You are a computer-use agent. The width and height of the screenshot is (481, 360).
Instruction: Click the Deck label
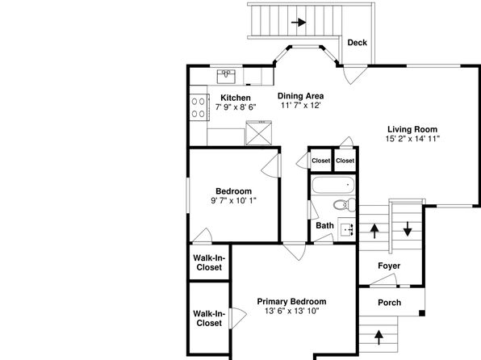coord(357,43)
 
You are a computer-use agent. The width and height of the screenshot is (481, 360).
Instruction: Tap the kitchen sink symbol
coord(226,77)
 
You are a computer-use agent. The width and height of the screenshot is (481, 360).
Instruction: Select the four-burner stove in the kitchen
coord(199,107)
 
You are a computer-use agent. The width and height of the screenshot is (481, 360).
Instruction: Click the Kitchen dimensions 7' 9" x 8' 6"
coord(236,107)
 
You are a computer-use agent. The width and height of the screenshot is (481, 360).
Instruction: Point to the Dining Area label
coord(300,96)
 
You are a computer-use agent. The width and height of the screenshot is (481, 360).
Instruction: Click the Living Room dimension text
coord(412,139)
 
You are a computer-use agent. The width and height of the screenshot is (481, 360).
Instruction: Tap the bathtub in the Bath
coord(333,185)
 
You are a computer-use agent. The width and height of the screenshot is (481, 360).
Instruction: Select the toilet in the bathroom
coord(345,204)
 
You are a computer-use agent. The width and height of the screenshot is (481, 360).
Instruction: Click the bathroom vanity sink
coord(347,229)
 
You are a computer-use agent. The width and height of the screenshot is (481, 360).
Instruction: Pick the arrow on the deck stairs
coord(299,23)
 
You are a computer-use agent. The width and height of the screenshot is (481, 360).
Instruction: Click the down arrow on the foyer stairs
coord(408,228)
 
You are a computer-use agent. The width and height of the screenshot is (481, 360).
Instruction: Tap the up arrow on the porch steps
coord(379,337)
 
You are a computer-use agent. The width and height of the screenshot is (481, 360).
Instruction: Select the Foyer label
coord(389,266)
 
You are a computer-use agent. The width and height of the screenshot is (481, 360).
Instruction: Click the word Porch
coord(389,303)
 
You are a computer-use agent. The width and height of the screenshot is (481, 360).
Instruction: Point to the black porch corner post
coord(422,313)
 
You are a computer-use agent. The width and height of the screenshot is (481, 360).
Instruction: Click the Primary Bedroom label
coord(291,301)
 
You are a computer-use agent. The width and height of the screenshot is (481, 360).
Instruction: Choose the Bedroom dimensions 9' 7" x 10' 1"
coord(233,201)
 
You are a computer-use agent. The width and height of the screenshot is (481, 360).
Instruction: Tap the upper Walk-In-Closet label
coord(209,262)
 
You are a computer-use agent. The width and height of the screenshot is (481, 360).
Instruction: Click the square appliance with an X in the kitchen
coord(258,133)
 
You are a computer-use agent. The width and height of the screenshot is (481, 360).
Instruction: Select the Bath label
coord(324,225)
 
